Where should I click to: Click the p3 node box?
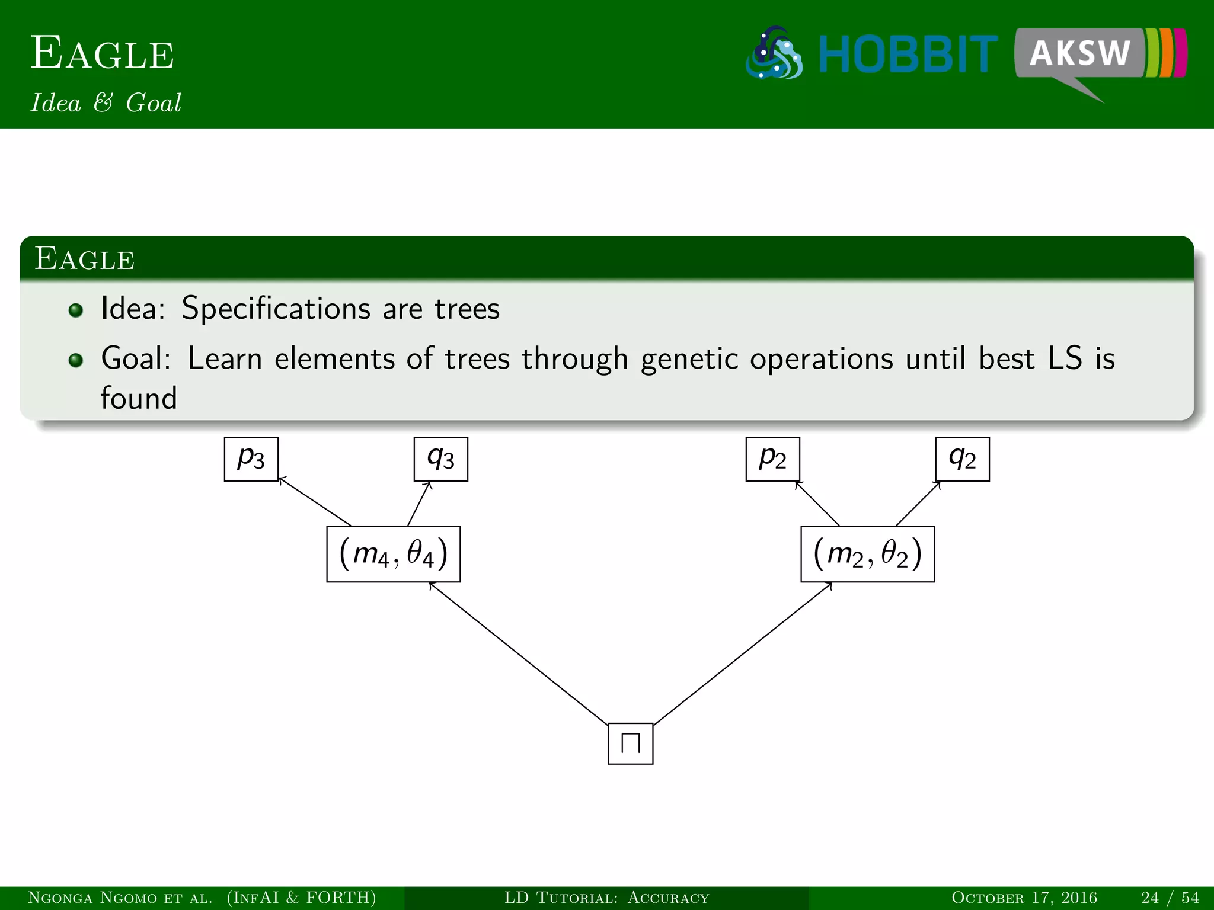(x=251, y=459)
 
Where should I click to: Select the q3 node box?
(x=440, y=459)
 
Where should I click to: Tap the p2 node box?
(x=772, y=459)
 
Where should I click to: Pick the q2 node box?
(x=962, y=459)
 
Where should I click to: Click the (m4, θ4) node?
(x=393, y=554)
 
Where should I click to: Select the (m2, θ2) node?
(x=867, y=554)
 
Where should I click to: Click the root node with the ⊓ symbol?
(x=630, y=744)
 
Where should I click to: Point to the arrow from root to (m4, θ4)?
(x=519, y=653)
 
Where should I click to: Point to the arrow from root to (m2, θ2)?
(x=742, y=653)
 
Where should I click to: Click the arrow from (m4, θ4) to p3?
(x=314, y=501)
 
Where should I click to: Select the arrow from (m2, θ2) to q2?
(x=918, y=504)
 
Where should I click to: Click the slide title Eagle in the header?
(x=102, y=53)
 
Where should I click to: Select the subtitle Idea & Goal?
(x=106, y=102)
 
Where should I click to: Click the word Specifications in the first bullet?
(x=276, y=309)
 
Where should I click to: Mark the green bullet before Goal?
(x=75, y=360)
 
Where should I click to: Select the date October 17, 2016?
(x=1024, y=898)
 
